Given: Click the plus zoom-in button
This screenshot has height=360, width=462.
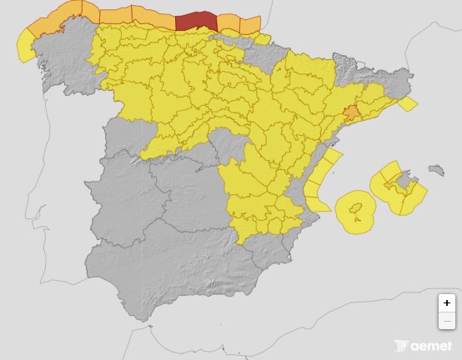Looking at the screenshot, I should pos(447,303).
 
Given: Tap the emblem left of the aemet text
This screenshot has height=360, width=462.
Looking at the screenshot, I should pos(403,345).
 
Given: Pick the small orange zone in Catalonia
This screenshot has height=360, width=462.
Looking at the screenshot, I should pos(351,112).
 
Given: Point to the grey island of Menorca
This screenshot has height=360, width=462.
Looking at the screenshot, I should pos(435,170).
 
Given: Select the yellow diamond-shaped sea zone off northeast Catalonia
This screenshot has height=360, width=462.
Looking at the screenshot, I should pos(407,104).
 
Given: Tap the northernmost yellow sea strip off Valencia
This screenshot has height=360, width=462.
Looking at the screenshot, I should pos(331,157).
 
